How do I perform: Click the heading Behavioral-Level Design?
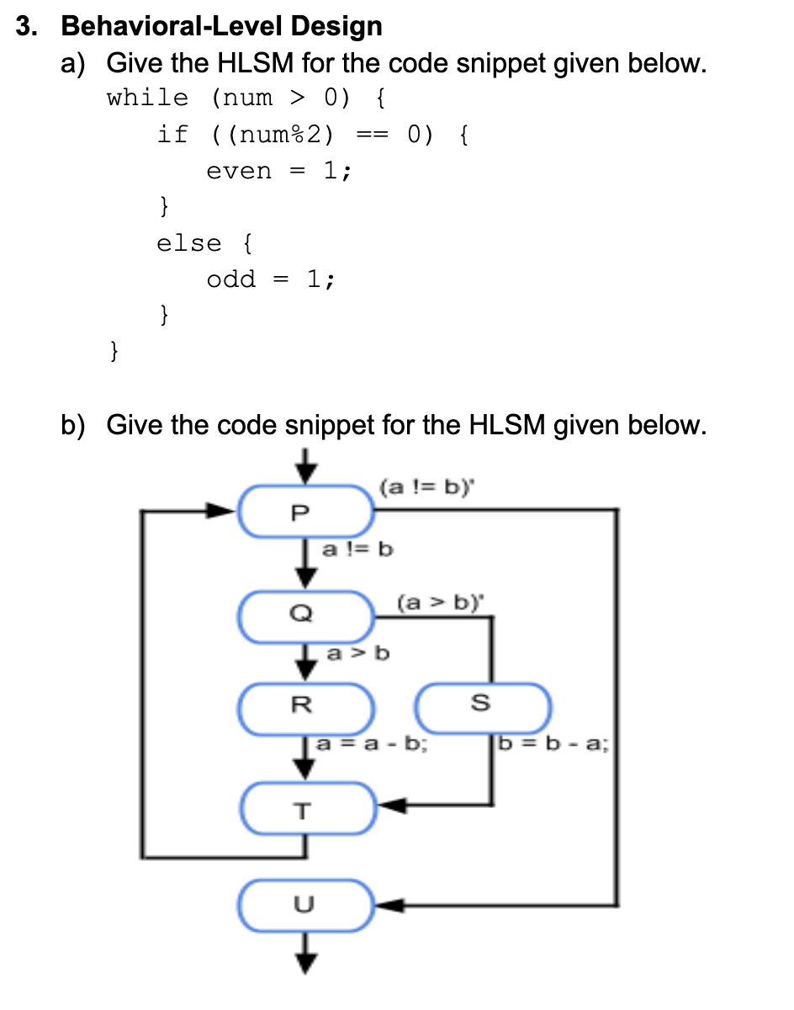pyautogui.click(x=222, y=26)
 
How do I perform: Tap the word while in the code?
pyautogui.click(x=148, y=98)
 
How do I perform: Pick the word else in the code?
pyautogui.click(x=189, y=243)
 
